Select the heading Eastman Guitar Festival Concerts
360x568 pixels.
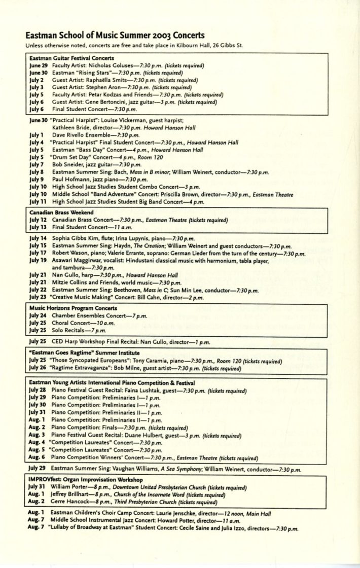click(x=71, y=58)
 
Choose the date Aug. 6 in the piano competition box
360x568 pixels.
click(x=37, y=457)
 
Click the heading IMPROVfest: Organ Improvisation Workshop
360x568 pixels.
click(x=86, y=479)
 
